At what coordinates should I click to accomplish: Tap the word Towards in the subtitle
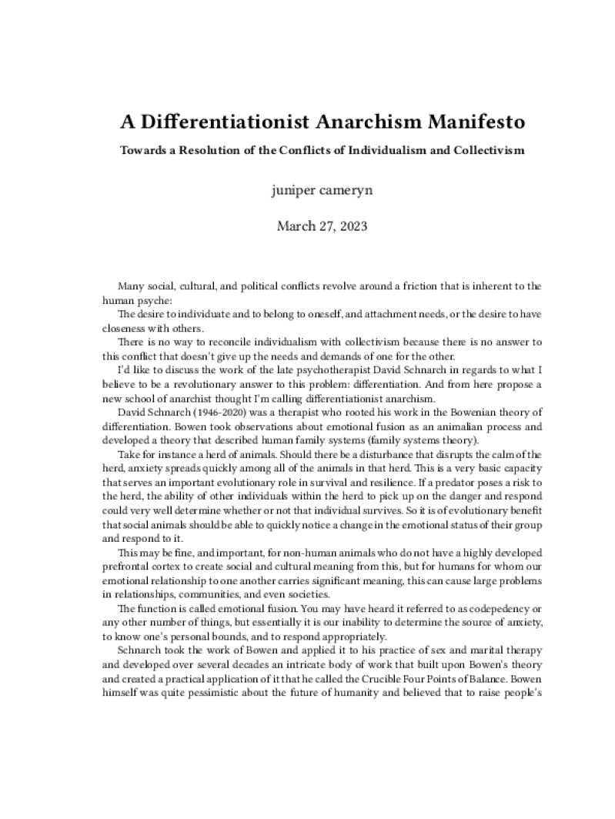point(143,150)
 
